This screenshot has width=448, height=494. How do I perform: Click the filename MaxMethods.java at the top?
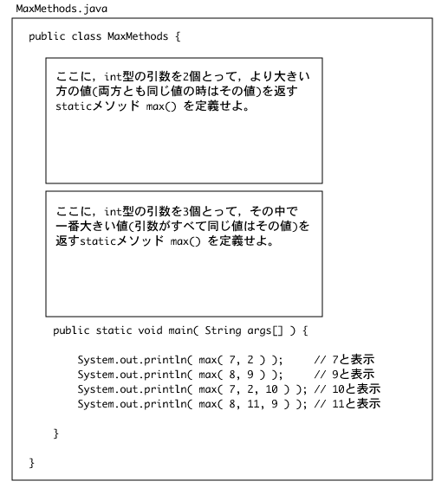62,9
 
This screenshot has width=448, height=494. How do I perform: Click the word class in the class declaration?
87,36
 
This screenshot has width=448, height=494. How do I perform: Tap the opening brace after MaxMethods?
178,36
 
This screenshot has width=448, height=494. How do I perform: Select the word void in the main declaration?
150,330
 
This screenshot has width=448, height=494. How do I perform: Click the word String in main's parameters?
223,330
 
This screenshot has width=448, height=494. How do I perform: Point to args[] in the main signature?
265,330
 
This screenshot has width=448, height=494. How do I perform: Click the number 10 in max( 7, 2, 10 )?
271,389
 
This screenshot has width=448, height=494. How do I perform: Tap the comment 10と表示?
356,389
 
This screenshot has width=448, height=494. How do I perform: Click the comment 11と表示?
356,404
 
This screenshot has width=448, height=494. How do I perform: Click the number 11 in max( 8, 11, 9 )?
253,404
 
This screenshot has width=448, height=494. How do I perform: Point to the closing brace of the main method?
56,433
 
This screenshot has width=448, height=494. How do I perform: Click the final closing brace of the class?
31,463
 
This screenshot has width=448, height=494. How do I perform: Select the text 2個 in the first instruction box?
192,76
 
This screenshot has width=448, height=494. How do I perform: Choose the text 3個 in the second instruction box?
192,211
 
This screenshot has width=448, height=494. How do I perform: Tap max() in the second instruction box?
185,241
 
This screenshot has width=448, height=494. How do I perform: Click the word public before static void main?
71,330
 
